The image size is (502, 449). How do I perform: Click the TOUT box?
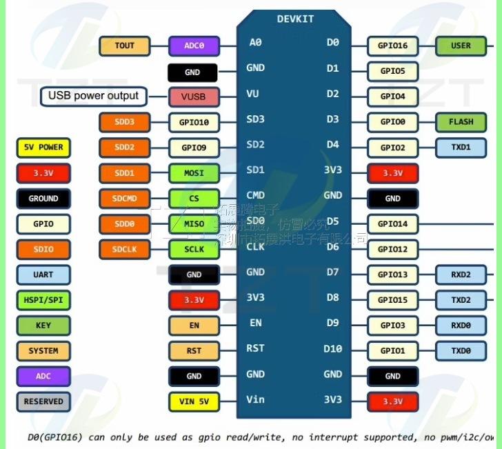[125, 46]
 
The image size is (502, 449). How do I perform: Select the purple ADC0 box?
[194, 46]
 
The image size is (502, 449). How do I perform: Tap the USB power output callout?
[93, 96]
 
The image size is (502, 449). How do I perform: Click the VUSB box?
[194, 97]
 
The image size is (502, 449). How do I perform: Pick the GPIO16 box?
[393, 46]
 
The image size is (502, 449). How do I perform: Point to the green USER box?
[461, 46]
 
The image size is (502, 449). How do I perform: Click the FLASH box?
[461, 122]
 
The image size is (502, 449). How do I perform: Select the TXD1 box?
[461, 148]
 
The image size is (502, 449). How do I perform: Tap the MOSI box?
[194, 172]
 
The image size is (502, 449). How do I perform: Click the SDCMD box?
[125, 199]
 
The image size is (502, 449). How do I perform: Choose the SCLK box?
[194, 249]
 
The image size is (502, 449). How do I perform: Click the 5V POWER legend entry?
[43, 148]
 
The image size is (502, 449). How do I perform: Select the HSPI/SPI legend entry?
[43, 300]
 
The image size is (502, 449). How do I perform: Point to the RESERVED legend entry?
[43, 401]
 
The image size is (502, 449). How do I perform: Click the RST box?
[194, 350]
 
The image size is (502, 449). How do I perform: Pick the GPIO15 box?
[393, 300]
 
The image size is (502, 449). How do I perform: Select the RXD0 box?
[461, 326]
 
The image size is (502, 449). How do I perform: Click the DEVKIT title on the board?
[295, 19]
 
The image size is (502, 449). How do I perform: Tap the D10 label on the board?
[332, 349]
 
